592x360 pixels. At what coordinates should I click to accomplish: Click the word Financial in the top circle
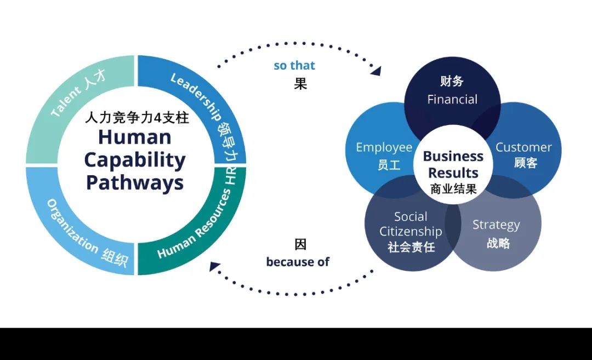452,99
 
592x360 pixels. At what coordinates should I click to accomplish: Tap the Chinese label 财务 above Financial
452,82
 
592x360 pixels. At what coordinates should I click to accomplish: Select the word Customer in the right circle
523,147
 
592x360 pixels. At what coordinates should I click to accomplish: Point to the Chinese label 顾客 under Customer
525,163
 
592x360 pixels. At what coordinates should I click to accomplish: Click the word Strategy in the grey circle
496,225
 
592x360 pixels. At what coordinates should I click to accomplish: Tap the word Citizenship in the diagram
411,231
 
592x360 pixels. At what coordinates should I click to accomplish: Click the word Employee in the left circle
384,147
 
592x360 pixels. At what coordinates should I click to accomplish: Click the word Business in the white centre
453,156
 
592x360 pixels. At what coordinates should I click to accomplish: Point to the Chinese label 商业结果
453,189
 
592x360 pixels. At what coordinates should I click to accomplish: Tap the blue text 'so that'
294,66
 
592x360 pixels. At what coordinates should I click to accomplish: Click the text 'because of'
298,262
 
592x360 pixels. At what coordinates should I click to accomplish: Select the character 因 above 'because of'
300,244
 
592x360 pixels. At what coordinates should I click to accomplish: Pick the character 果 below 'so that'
300,84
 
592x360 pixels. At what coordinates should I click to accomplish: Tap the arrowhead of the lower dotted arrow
215,267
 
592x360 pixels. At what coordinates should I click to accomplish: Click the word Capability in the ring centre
135,160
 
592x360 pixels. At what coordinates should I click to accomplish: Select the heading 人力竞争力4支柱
137,117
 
